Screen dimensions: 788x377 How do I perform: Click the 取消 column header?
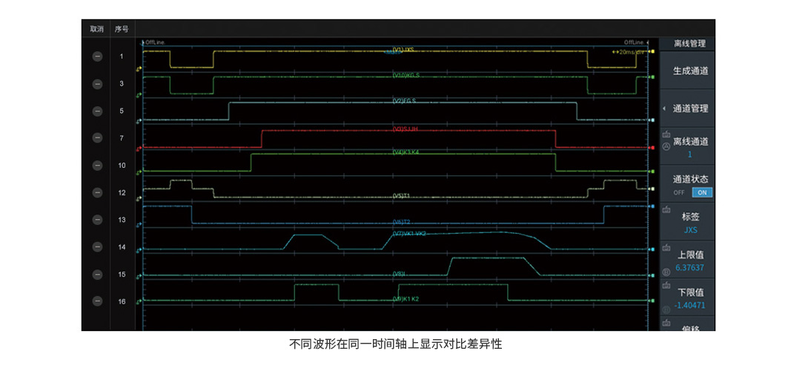click(x=96, y=29)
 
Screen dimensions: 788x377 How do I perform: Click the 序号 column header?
click(x=122, y=29)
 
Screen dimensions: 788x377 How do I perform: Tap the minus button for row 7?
click(x=97, y=138)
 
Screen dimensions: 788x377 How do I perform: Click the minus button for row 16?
click(x=97, y=301)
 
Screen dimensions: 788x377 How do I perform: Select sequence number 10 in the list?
click(x=122, y=165)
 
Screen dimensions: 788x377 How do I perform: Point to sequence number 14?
click(x=122, y=247)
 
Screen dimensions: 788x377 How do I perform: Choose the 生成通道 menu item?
click(x=690, y=71)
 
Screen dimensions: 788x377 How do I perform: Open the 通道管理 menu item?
click(x=690, y=108)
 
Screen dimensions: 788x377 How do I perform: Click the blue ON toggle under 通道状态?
click(x=701, y=192)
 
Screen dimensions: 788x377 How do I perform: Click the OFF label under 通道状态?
click(x=679, y=192)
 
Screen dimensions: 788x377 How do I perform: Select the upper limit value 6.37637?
click(x=690, y=267)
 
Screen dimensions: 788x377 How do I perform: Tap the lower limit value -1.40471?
click(x=690, y=305)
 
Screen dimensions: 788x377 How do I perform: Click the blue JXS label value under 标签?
click(x=690, y=229)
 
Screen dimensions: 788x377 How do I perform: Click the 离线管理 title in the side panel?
click(x=690, y=44)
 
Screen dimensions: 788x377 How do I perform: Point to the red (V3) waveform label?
click(x=405, y=128)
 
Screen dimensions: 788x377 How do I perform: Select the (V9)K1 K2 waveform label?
click(x=405, y=299)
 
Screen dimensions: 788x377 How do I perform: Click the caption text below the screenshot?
click(x=395, y=344)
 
